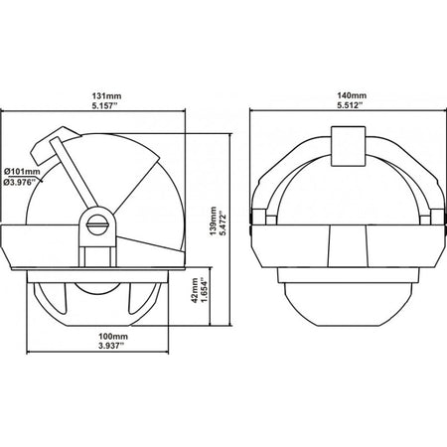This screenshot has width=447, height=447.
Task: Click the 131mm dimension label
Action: [106, 96]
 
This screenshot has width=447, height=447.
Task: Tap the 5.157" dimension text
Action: [106, 106]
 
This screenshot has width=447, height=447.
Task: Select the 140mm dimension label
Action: [352, 95]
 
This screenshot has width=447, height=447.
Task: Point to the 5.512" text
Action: [350, 105]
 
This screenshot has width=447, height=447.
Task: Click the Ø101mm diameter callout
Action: [22, 172]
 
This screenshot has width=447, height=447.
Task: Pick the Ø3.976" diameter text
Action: [20, 182]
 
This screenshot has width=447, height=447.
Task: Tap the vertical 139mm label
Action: [214, 221]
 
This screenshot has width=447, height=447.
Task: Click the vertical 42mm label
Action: [196, 290]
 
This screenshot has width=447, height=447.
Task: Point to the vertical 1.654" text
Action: [206, 291]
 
